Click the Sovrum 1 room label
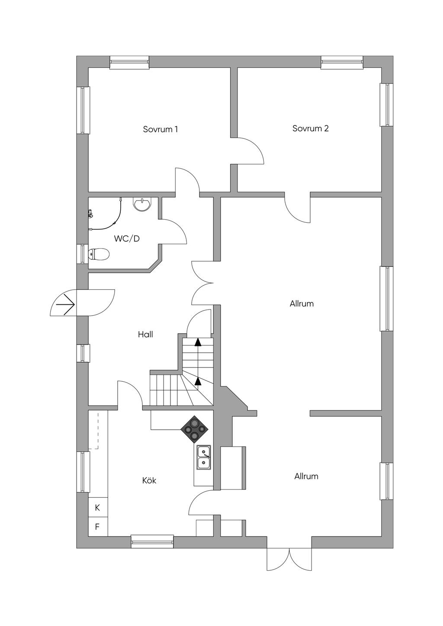click(x=161, y=129)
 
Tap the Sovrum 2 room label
click(x=310, y=128)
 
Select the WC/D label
click(x=127, y=239)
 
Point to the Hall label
click(x=145, y=334)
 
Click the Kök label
click(x=149, y=480)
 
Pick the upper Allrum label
click(x=302, y=303)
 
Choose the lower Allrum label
click(x=306, y=476)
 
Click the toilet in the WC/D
click(x=98, y=254)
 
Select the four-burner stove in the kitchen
click(x=194, y=429)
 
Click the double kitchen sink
click(x=203, y=457)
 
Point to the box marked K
click(x=98, y=508)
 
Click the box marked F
click(x=98, y=527)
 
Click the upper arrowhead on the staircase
click(x=198, y=342)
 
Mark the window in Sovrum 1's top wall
click(x=129, y=62)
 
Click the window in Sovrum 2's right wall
click(x=386, y=105)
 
